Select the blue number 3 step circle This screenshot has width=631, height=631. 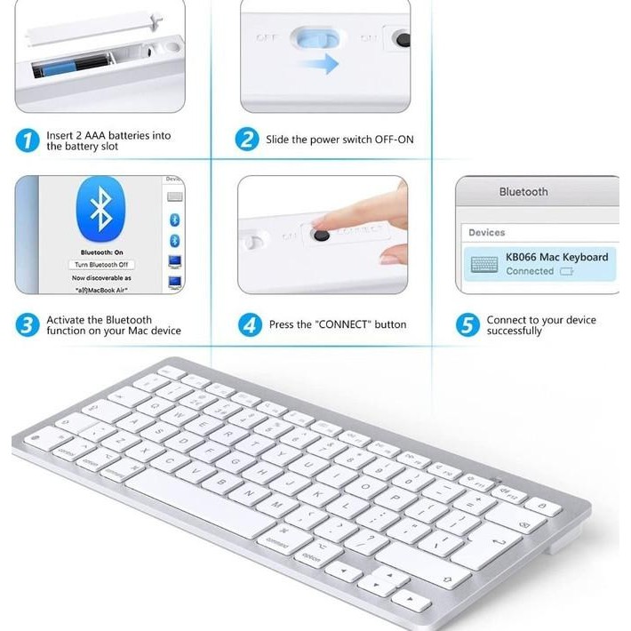(x=28, y=324)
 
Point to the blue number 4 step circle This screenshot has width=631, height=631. (x=250, y=325)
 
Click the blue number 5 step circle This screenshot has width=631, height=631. (x=467, y=325)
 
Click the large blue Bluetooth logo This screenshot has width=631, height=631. (x=100, y=210)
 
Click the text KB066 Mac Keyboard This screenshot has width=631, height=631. (x=556, y=257)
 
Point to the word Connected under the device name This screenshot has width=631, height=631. (x=530, y=271)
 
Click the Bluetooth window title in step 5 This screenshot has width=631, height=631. (x=523, y=192)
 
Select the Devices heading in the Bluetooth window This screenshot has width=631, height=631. (x=487, y=233)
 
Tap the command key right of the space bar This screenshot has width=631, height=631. (x=277, y=540)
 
